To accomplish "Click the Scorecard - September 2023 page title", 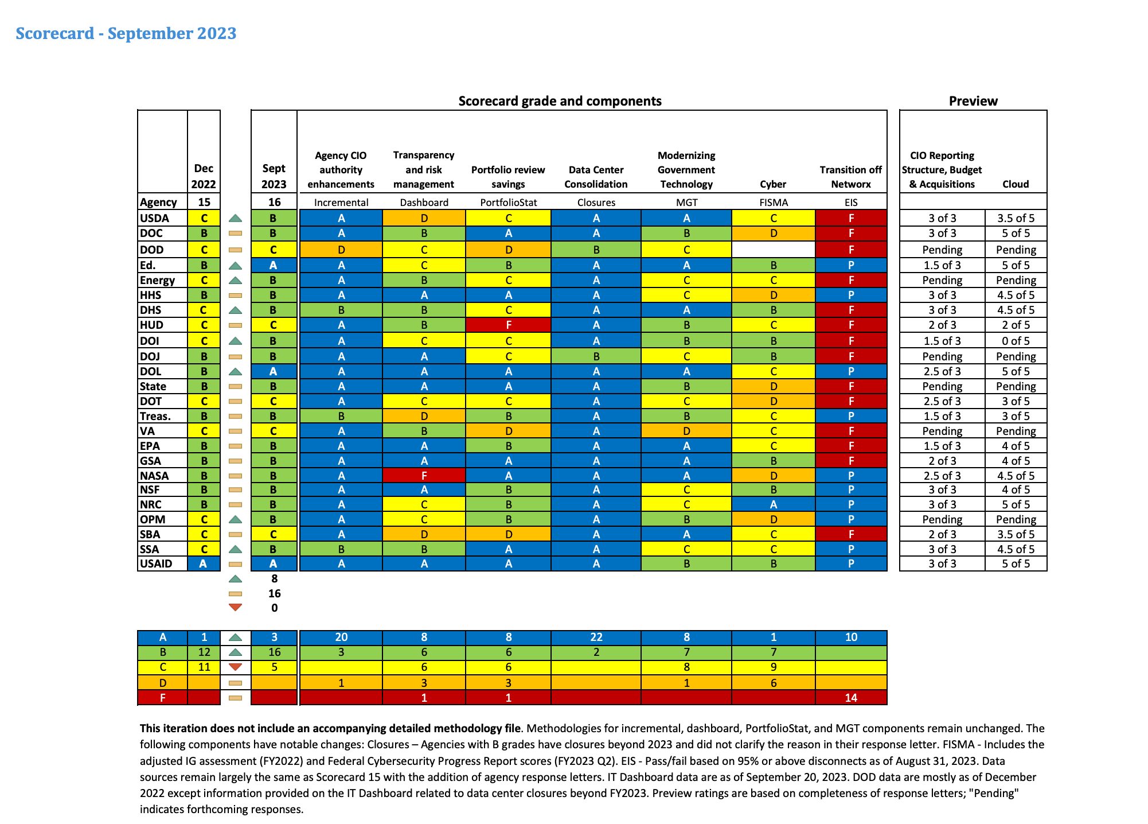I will coord(126,33).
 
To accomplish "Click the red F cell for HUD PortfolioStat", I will coord(508,325).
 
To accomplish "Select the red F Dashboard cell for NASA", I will coord(424,476).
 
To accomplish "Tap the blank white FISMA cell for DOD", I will coord(773,250).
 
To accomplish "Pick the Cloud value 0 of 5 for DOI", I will coord(1016,341).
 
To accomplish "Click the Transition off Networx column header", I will coord(850,177).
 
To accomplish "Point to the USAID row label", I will coord(156,563).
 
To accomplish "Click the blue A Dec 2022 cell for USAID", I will coord(204,563).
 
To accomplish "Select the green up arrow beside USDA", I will coord(235,218).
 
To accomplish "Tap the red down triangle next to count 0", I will coord(235,607).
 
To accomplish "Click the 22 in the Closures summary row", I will coord(596,637).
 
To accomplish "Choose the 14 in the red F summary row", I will coord(850,698).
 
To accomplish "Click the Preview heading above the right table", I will coord(973,101).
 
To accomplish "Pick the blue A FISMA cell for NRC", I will coord(773,504).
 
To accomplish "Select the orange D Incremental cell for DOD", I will coord(341,250).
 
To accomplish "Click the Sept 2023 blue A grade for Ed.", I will coord(274,265).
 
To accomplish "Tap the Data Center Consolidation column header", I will coord(596,177).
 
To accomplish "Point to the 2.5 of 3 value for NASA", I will coord(942,476).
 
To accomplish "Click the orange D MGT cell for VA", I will coord(686,431).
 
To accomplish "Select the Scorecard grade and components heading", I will coord(560,101).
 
